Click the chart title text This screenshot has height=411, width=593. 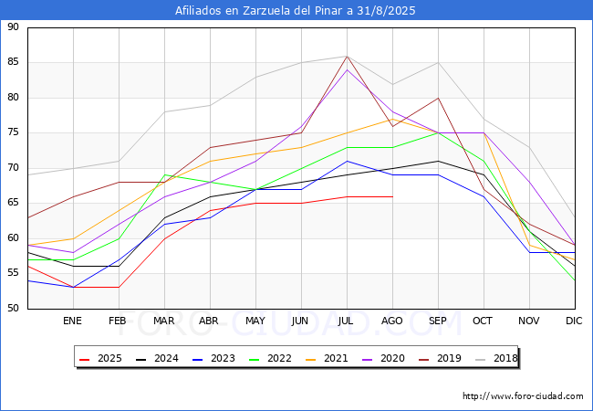[x=296, y=11]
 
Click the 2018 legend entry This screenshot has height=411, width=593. [x=499, y=359]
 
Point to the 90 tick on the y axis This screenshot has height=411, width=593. [x=13, y=27]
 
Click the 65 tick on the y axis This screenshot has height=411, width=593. [x=13, y=203]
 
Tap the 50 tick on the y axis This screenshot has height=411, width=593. [x=13, y=308]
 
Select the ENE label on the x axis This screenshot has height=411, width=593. [x=72, y=321]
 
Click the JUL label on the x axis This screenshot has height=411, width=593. [x=347, y=321]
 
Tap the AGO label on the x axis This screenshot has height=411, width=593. [x=392, y=321]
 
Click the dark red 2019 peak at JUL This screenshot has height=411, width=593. [x=347, y=56]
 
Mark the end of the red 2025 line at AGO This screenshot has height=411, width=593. [x=392, y=196]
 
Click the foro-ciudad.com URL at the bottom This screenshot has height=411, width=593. [x=523, y=396]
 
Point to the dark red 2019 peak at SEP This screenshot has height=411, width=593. [x=439, y=98]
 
